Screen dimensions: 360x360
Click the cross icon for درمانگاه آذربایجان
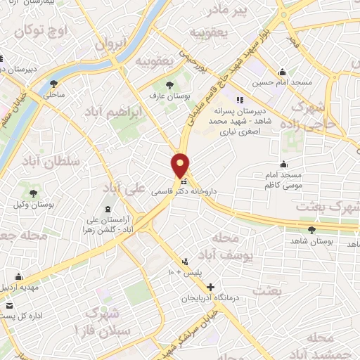point(211,287)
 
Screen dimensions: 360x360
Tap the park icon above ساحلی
point(54,84)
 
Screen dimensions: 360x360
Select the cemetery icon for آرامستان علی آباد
point(108,210)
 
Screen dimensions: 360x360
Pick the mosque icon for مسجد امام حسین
point(282,72)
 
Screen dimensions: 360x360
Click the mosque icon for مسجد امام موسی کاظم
point(283,165)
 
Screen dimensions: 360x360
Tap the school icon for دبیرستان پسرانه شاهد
point(239,99)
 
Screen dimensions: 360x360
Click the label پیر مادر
point(232,9)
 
